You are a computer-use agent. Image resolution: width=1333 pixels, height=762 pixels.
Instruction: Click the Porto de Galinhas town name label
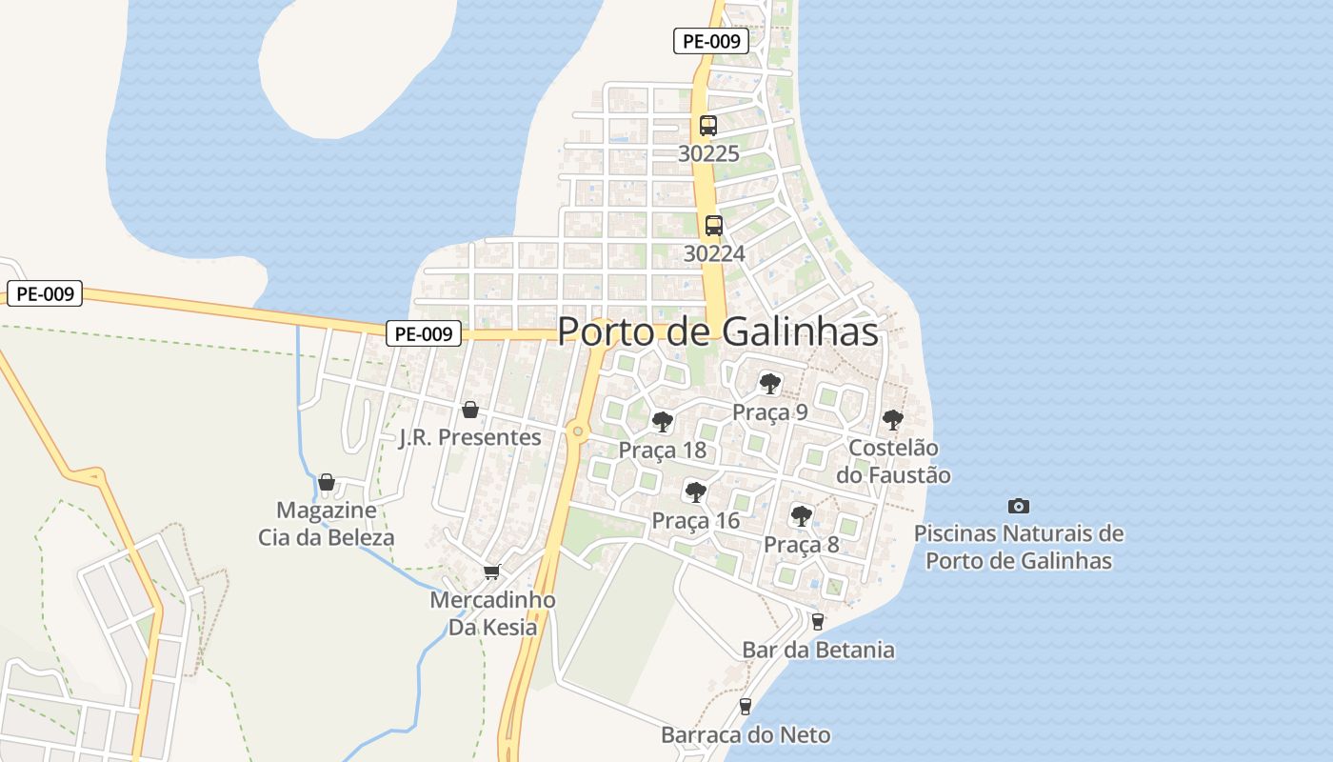click(717, 331)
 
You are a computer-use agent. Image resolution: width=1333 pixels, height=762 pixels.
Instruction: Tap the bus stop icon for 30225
click(708, 125)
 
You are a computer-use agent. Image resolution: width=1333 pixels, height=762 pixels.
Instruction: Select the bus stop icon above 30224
click(714, 226)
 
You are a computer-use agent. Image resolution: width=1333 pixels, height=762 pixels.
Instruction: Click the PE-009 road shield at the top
click(711, 41)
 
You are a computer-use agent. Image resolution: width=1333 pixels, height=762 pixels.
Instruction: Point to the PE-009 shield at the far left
click(45, 293)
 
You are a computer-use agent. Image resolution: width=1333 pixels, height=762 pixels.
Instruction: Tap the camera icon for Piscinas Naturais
click(1019, 506)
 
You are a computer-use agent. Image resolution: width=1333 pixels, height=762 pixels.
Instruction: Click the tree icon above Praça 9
click(770, 384)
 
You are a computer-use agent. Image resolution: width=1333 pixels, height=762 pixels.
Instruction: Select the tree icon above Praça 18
click(663, 421)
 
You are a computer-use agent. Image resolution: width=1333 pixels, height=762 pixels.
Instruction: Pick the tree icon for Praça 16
click(696, 492)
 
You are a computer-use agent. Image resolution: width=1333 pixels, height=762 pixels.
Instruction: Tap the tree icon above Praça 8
click(802, 516)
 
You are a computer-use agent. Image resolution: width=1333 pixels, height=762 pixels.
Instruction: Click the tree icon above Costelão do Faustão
click(893, 419)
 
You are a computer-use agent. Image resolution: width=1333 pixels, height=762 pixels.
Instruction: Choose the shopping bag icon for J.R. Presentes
click(469, 410)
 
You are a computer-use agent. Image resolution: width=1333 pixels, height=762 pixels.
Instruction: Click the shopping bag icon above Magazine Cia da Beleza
click(327, 482)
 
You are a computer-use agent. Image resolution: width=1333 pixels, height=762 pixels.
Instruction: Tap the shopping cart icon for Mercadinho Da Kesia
click(492, 571)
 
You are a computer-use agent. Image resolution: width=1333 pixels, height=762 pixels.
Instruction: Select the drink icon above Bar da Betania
click(818, 622)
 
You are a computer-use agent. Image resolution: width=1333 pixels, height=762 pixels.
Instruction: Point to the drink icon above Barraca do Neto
click(746, 707)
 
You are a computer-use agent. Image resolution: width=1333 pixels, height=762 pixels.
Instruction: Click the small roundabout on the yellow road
click(577, 431)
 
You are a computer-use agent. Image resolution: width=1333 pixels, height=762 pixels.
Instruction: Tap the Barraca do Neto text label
click(746, 735)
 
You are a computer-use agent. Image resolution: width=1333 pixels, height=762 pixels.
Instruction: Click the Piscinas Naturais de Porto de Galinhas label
click(1019, 547)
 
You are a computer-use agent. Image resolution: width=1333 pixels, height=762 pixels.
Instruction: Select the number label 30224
click(714, 253)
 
